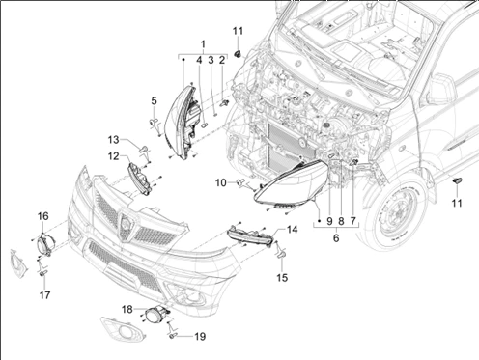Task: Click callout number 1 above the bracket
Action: coord(203,44)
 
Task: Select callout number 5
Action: coord(155,101)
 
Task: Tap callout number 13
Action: coord(113,140)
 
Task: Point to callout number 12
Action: coord(113,156)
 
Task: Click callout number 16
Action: coord(43,216)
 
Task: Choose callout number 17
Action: coord(44,295)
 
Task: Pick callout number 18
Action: coord(127,310)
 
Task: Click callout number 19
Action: coord(200,337)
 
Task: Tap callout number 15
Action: coord(282,278)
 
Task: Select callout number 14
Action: coord(293,230)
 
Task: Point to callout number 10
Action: coord(221,182)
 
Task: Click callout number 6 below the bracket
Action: coord(336,238)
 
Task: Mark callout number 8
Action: coord(341,221)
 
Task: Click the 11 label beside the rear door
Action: coord(457,203)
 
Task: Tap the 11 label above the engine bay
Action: coord(238,31)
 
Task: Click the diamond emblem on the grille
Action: coord(125,223)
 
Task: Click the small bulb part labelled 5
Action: coord(154,122)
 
